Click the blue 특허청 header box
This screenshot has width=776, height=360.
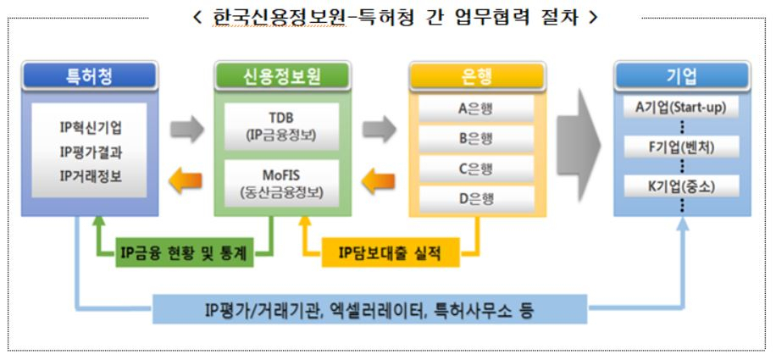pyautogui.click(x=90, y=76)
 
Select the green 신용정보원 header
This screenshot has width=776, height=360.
pyautogui.click(x=282, y=76)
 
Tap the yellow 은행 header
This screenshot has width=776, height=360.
pyautogui.click(x=477, y=76)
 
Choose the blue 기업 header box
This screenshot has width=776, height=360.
pyautogui.click(x=682, y=76)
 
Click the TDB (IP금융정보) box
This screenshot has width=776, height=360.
pyautogui.click(x=282, y=126)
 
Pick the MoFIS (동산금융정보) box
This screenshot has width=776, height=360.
pyautogui.click(x=282, y=184)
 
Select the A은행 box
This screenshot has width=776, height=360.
pyautogui.click(x=476, y=108)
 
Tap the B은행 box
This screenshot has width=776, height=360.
pyautogui.click(x=476, y=139)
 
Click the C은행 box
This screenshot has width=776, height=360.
pyautogui.click(x=476, y=169)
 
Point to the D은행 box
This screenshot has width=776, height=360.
pyautogui.click(x=476, y=199)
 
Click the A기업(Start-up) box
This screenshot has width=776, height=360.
pyautogui.click(x=681, y=108)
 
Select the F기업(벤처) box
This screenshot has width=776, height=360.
pyautogui.click(x=681, y=147)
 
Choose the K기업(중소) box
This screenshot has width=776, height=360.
pyautogui.click(x=681, y=186)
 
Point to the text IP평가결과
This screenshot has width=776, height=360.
pyautogui.click(x=91, y=152)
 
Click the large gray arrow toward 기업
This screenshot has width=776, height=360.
pyautogui.click(x=579, y=146)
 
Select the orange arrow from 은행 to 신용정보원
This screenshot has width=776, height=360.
pyautogui.click(x=378, y=181)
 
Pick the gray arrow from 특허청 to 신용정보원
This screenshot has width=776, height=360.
pyautogui.click(x=187, y=130)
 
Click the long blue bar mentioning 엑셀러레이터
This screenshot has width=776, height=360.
pyautogui.click(x=369, y=309)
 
